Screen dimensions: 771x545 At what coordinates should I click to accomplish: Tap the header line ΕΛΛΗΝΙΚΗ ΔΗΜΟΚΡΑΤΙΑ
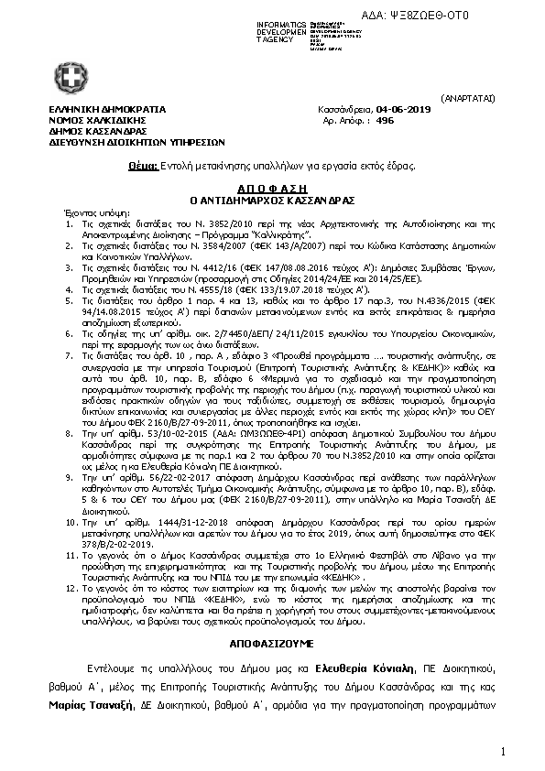95,109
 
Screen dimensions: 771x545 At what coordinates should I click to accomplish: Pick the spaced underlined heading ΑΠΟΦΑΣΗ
271,183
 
